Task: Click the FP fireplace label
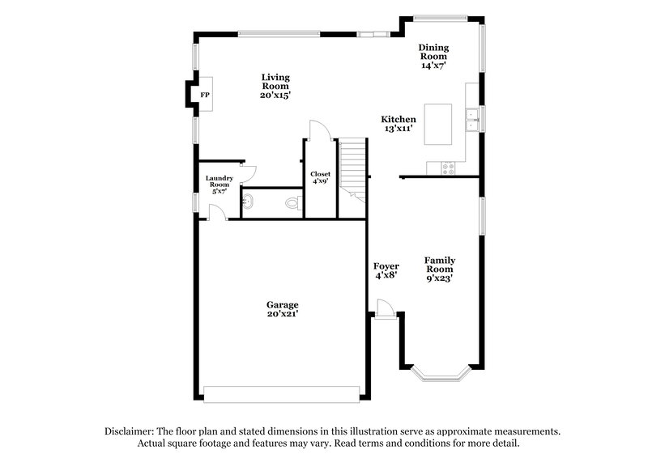click(x=205, y=95)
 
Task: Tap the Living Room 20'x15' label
click(x=275, y=86)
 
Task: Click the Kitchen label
click(x=399, y=119)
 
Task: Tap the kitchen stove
click(x=448, y=168)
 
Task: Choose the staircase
click(x=352, y=165)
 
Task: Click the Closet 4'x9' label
click(x=320, y=178)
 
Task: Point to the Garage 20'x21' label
click(x=277, y=309)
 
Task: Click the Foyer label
click(x=385, y=270)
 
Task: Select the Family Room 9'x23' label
click(x=441, y=269)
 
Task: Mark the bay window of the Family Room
click(x=441, y=375)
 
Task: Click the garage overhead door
click(x=280, y=394)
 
